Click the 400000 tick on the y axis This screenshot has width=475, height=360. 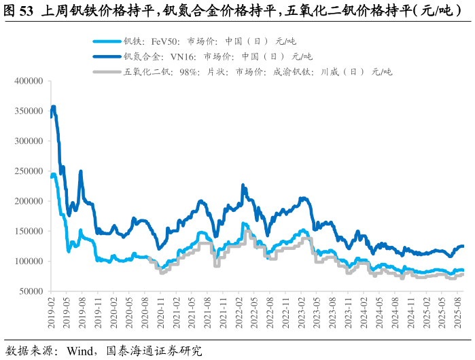pos(29,82)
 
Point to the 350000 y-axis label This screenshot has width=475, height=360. pos(29,111)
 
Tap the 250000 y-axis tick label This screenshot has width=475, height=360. pos(29,171)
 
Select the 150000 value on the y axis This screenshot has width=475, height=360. pos(29,231)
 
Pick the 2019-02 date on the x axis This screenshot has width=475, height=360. pos(51,312)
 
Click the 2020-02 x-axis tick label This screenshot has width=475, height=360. pos(113,312)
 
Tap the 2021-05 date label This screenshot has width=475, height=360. pos(192,312)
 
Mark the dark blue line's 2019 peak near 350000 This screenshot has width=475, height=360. pos(53,107)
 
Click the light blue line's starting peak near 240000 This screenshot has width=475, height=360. pos(54,175)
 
